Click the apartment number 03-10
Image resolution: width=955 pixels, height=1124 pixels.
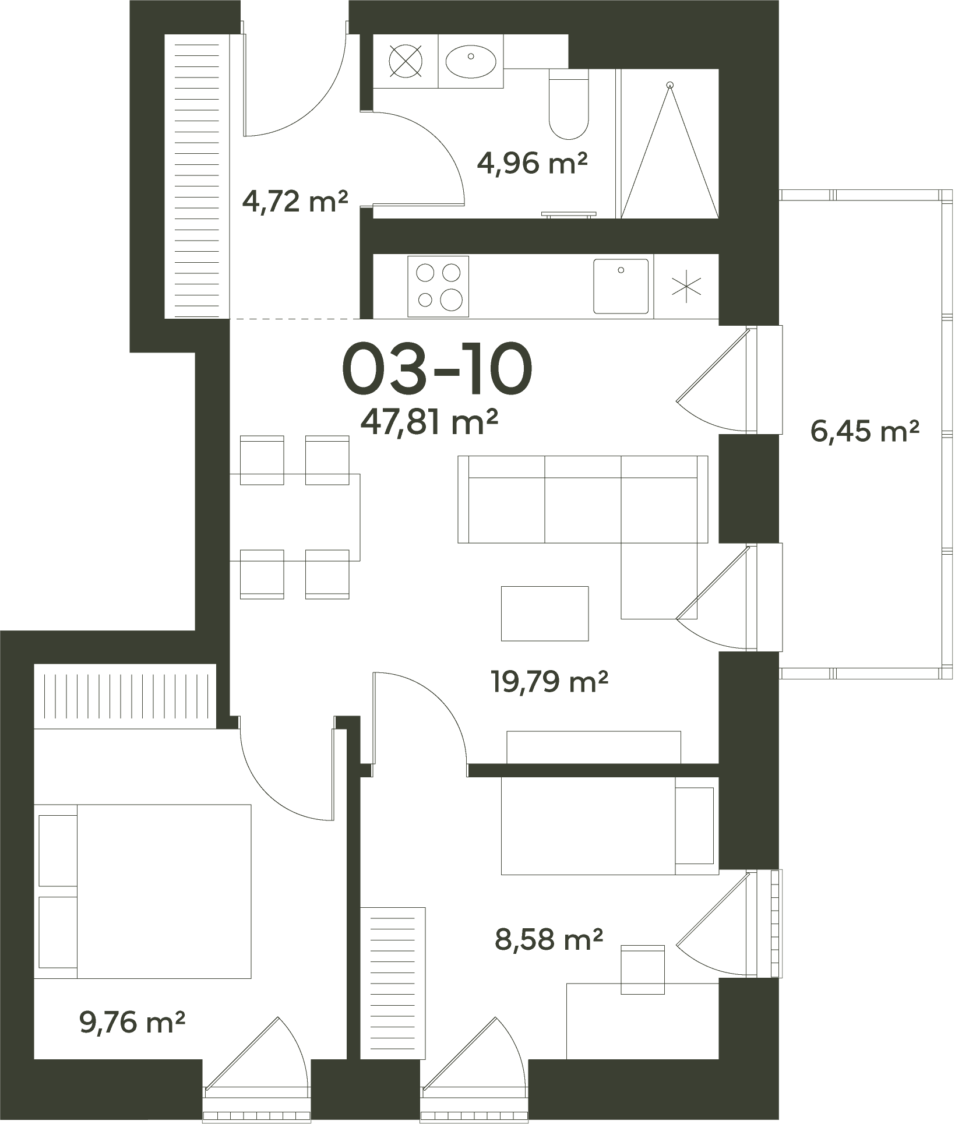pos(437,368)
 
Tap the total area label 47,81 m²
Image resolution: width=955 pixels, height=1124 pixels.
pos(429,422)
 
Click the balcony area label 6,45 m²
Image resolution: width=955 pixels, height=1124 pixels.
pos(865,432)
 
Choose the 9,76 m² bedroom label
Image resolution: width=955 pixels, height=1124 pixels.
pos(132,1023)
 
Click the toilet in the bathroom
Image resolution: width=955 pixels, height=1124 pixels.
pos(569,104)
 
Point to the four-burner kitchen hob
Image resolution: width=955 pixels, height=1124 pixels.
pos(438,286)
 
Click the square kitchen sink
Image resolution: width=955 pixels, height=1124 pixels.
pos(621,286)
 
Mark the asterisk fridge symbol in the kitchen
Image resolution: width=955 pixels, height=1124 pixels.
pos(687,286)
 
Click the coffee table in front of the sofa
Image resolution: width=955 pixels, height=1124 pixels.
pos(545,614)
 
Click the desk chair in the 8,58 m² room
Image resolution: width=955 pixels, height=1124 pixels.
pos(643,970)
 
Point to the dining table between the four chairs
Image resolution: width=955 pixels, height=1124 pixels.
pos(295,517)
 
